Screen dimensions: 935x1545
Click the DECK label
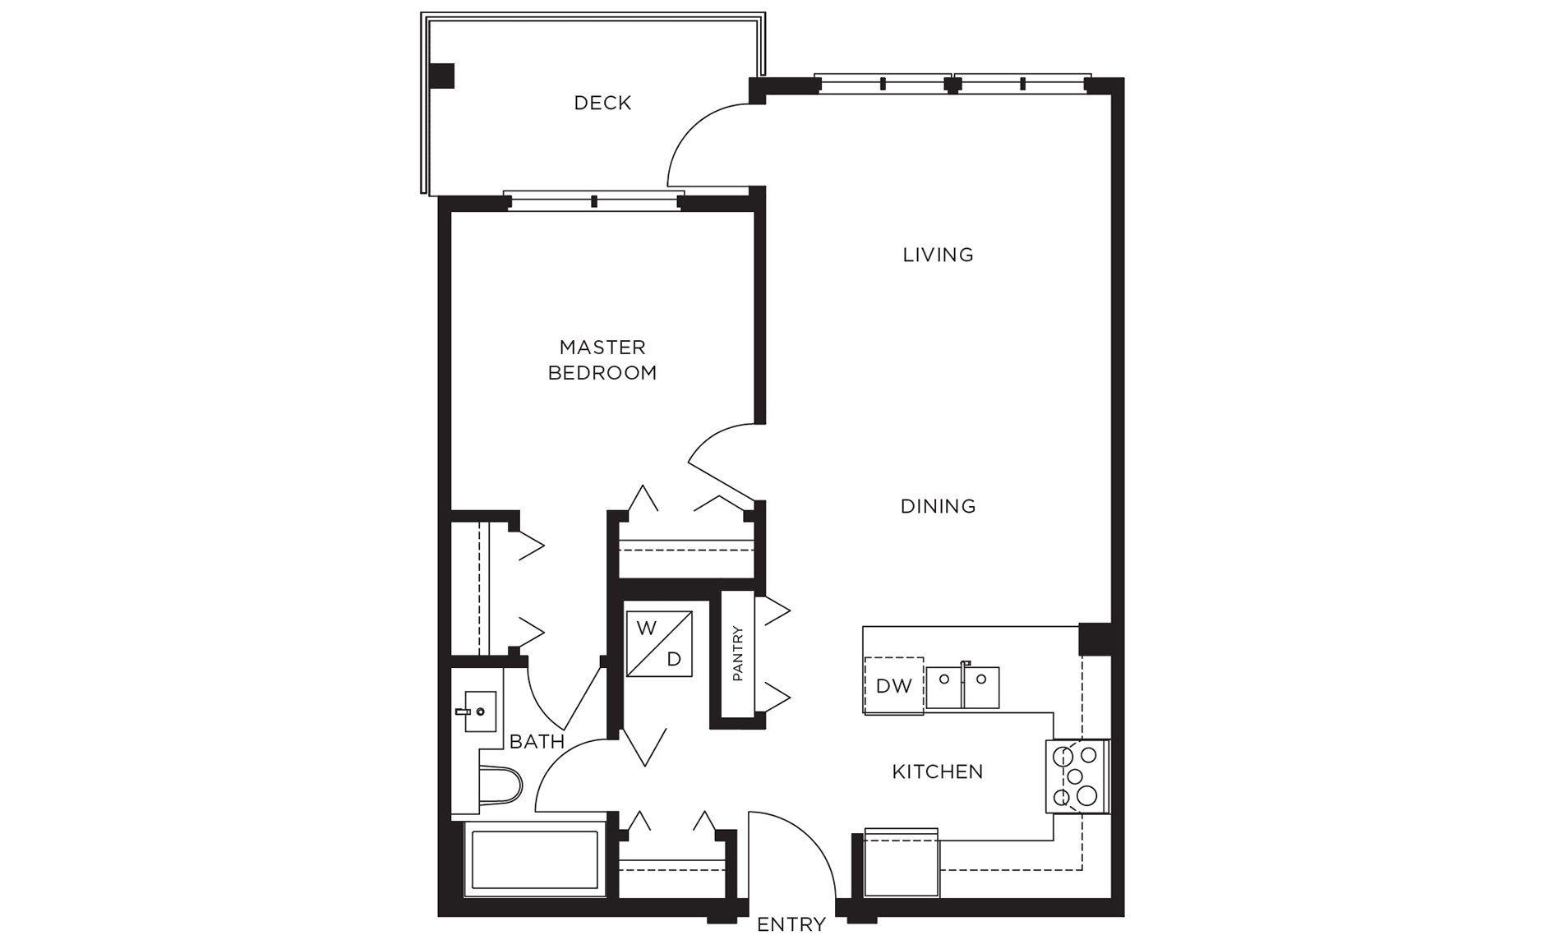[x=602, y=103]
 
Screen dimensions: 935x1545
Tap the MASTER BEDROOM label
[x=602, y=360]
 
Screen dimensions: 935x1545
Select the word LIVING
[x=938, y=255]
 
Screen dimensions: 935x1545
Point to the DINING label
[x=938, y=506]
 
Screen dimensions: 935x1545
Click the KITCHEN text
[x=938, y=771]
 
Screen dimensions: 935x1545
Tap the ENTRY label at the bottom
[x=791, y=923]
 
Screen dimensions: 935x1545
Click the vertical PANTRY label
[x=737, y=653]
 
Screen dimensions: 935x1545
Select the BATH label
[x=537, y=742]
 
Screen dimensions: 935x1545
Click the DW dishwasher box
[x=893, y=685]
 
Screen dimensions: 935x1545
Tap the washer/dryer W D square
[x=659, y=643]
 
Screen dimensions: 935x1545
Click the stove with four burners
[x=1077, y=776]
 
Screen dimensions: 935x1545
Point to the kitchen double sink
[x=962, y=687]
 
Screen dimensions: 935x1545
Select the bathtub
[x=534, y=859]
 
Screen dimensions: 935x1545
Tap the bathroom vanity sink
[x=480, y=711]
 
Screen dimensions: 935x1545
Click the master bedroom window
[x=593, y=200]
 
